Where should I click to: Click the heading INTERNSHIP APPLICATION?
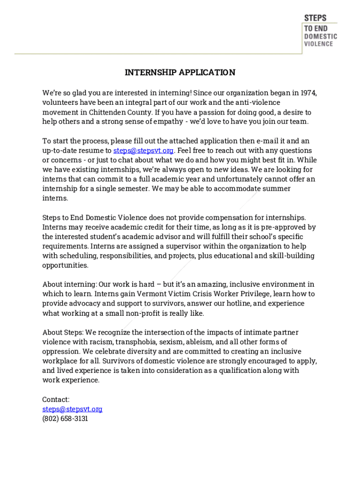click(180, 73)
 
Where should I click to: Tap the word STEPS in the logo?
click(315, 18)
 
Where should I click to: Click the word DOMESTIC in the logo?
click(320, 36)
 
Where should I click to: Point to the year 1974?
click(309, 93)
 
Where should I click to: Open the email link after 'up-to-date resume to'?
click(144, 151)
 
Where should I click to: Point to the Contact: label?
click(56, 399)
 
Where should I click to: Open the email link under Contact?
click(72, 409)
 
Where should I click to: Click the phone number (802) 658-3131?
click(65, 419)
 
